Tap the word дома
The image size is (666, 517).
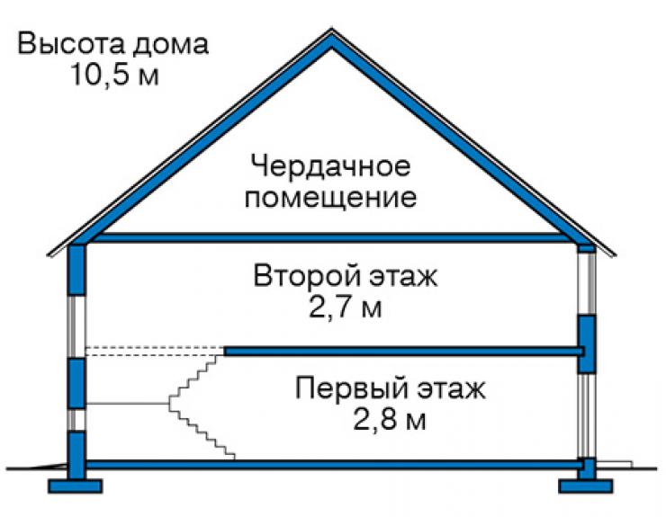point(170,45)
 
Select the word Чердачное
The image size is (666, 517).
point(331,165)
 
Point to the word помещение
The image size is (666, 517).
point(331,198)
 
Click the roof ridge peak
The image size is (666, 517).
point(332,30)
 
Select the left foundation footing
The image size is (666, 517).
point(76,486)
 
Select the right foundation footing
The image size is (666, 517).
point(586,486)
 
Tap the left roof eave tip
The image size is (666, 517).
point(48,255)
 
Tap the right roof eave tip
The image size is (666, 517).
point(615,255)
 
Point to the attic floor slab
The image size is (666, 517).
point(331,237)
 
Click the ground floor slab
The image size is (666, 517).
point(333,464)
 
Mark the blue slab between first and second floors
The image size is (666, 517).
point(404,351)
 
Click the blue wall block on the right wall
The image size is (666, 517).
point(587,343)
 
